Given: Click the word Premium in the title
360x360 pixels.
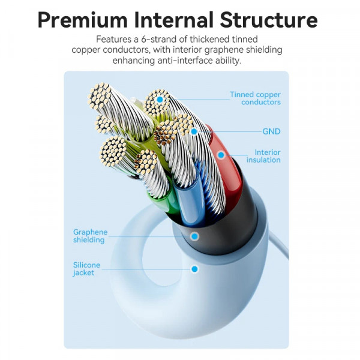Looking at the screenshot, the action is point(83,20).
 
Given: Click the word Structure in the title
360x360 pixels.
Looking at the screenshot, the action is point(269,20).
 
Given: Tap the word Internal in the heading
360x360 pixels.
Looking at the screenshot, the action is point(174,20).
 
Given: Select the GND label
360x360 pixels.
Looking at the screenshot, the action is point(271,131).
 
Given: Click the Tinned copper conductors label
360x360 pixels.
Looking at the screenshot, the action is point(256,98).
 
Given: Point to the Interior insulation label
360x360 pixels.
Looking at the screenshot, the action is point(263,156).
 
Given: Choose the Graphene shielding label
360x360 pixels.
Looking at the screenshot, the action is point(90,236).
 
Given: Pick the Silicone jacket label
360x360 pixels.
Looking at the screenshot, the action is point(86,269).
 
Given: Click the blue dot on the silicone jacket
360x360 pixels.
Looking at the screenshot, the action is point(194,269).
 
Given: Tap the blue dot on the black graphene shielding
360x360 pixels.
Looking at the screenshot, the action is point(194,236).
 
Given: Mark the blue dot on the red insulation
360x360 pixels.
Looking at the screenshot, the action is point(221,155).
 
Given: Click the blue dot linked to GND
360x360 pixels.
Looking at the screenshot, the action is point(194,131).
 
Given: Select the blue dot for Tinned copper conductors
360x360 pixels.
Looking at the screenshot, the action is point(160,100).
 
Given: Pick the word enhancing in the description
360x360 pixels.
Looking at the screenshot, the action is point(134,61).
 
